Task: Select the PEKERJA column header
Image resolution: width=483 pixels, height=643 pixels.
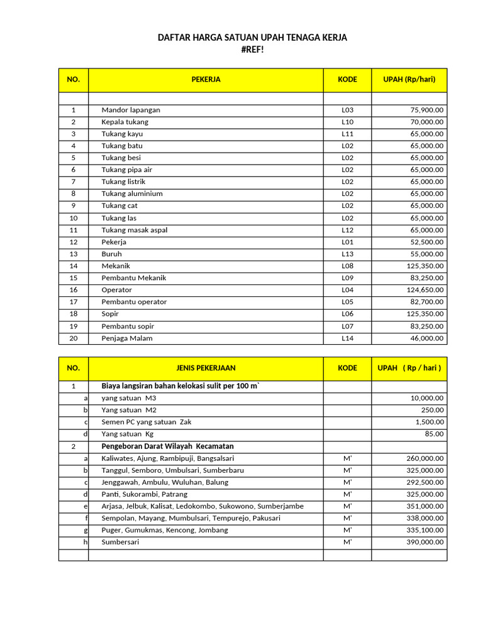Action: (x=206, y=80)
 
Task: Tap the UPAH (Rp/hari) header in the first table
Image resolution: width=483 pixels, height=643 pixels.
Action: (x=409, y=80)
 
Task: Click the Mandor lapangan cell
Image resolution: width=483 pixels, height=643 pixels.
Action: (x=131, y=110)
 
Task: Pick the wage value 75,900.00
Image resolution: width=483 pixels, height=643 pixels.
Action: (x=425, y=110)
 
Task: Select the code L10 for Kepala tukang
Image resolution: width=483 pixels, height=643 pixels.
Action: (x=347, y=122)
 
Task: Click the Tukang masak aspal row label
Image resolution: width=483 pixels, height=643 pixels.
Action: (x=135, y=230)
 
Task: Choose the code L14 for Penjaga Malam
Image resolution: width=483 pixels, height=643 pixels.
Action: (x=347, y=338)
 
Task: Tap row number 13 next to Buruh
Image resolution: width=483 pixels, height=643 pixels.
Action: (x=74, y=254)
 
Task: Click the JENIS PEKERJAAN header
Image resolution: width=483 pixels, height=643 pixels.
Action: (x=206, y=368)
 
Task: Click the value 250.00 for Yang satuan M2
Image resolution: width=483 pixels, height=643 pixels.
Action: (x=432, y=410)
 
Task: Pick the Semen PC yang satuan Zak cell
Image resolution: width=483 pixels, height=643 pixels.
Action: (x=147, y=422)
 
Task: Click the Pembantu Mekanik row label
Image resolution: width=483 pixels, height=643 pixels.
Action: (x=134, y=278)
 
